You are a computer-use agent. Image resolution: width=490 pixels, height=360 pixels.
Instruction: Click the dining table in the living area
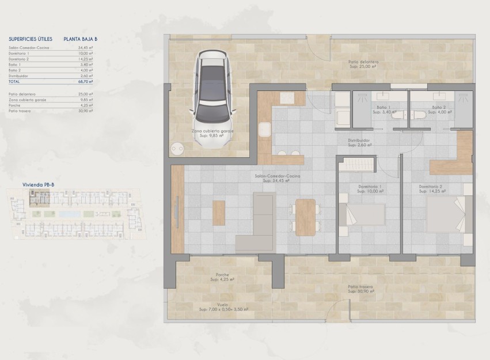point(305,217)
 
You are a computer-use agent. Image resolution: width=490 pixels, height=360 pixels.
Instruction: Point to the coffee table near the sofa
point(219,213)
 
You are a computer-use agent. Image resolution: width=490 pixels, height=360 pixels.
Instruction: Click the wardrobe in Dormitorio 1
point(357,167)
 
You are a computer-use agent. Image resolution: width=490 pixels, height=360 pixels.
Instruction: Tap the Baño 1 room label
point(383,109)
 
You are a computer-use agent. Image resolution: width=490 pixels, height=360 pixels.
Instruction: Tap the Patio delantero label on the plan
point(363,64)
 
